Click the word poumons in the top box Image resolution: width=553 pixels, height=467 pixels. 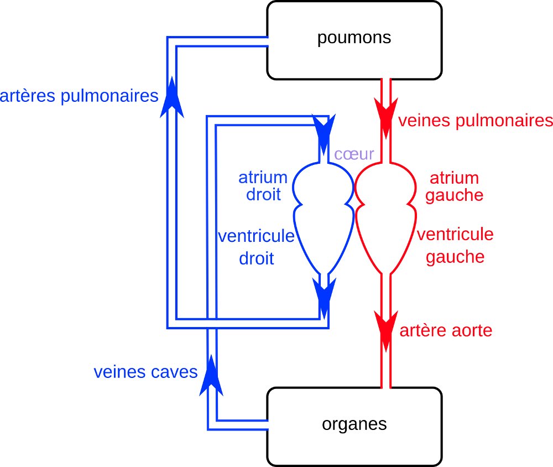[x=354, y=38]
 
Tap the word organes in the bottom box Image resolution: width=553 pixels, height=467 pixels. [x=354, y=424]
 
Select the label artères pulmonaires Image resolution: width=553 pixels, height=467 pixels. [x=80, y=96]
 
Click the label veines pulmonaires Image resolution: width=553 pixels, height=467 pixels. [x=476, y=121]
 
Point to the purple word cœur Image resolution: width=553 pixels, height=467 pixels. [x=354, y=153]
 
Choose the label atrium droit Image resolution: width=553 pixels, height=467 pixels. [x=263, y=186]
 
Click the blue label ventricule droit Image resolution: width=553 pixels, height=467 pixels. [x=256, y=247]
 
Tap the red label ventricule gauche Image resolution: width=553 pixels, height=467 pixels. [x=455, y=246]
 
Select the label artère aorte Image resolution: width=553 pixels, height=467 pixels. [x=445, y=331]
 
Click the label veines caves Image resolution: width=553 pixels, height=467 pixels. [x=145, y=372]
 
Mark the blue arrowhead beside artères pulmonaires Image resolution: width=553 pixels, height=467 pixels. [x=171, y=97]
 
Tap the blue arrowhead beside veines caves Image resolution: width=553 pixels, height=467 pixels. [x=211, y=376]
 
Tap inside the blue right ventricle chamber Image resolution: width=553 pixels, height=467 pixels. [x=324, y=235]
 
